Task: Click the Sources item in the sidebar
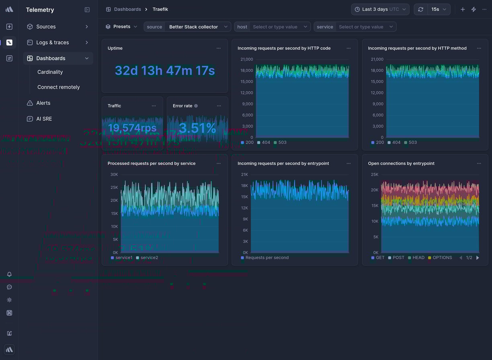point(46,27)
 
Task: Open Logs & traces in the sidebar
point(52,43)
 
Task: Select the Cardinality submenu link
point(50,72)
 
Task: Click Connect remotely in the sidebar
point(58,87)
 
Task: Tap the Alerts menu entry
point(43,103)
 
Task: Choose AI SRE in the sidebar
point(44,119)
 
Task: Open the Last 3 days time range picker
point(380,9)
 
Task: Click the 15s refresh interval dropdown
point(439,9)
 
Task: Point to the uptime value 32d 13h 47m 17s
point(165,71)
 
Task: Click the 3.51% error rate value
point(197,128)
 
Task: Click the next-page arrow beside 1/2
point(478,258)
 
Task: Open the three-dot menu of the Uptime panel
point(219,48)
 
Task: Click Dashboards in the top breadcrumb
point(127,9)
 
